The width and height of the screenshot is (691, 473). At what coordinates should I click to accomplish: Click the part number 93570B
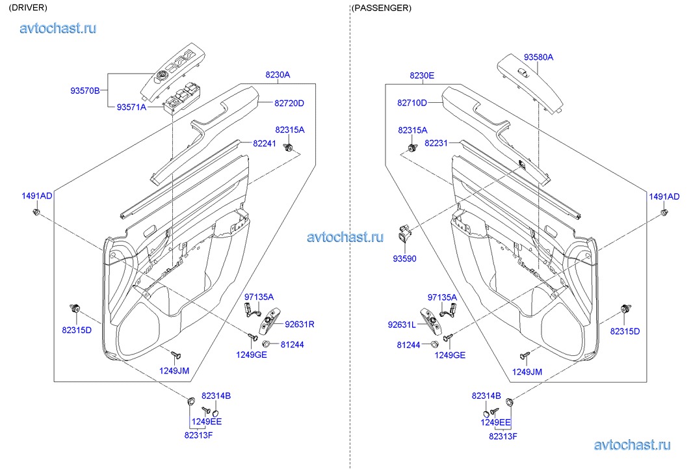(85, 90)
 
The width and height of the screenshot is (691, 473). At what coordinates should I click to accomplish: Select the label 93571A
(131, 107)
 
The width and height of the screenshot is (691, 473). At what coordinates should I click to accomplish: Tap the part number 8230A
(277, 75)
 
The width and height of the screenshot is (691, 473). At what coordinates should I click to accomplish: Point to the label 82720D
(289, 103)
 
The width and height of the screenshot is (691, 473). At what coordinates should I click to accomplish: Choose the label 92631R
(299, 323)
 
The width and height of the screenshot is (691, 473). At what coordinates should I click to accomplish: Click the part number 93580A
(538, 57)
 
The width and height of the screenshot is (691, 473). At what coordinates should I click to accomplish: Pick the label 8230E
(421, 75)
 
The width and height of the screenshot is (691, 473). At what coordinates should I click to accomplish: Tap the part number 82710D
(412, 103)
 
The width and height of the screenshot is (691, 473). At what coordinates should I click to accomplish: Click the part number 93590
(404, 258)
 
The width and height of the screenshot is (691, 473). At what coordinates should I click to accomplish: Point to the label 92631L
(401, 324)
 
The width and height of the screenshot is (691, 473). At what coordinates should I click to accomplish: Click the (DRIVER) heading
(28, 8)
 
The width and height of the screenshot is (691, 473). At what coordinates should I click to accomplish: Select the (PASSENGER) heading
(381, 8)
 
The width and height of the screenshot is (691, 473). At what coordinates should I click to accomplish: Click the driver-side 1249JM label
(174, 370)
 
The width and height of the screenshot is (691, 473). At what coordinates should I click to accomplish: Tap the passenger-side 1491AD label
(664, 196)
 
